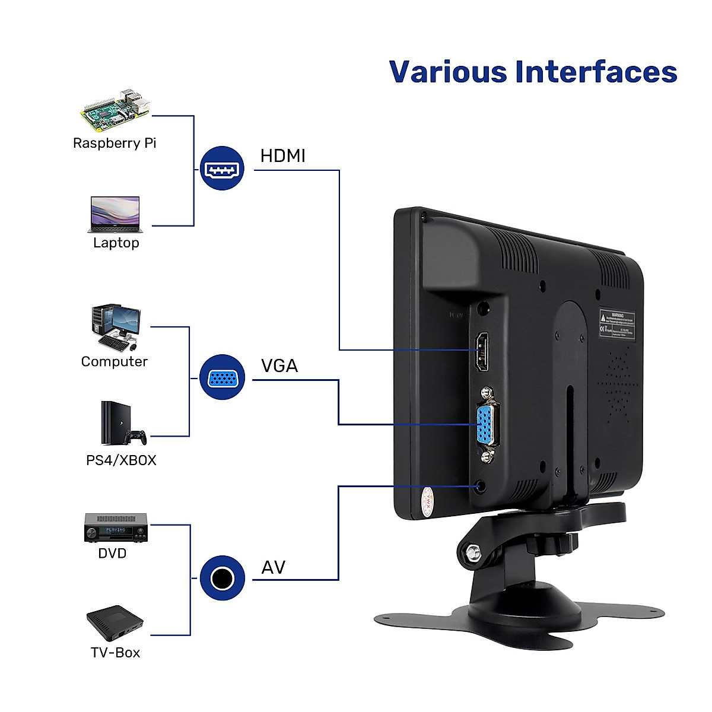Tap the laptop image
coord(115,215)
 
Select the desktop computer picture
coord(116,328)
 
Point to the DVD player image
coord(116,528)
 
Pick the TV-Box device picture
coord(115,623)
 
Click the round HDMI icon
coord(222,169)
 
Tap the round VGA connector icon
coord(222,377)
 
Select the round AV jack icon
coord(222,578)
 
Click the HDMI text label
coord(282,156)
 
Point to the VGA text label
coord(279,365)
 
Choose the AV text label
coord(273,568)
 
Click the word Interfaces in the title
coord(596,72)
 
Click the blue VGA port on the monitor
coord(487,425)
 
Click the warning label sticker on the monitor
coord(617,323)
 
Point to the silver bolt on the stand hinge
coord(473,552)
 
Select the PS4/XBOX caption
coord(121,460)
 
